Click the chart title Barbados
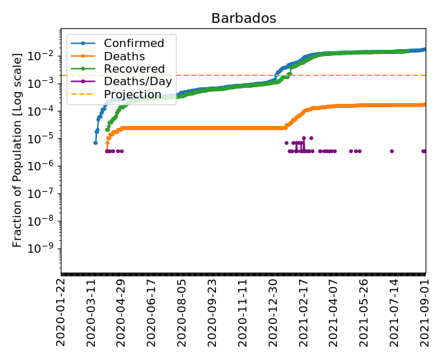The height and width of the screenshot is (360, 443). (244, 19)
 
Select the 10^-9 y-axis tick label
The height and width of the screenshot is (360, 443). (45, 248)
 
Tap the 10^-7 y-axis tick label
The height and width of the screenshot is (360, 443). (45, 193)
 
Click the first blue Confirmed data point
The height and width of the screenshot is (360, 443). (96, 143)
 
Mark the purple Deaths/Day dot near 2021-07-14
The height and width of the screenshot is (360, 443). (392, 151)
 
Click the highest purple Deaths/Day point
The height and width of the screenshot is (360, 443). (303, 138)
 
